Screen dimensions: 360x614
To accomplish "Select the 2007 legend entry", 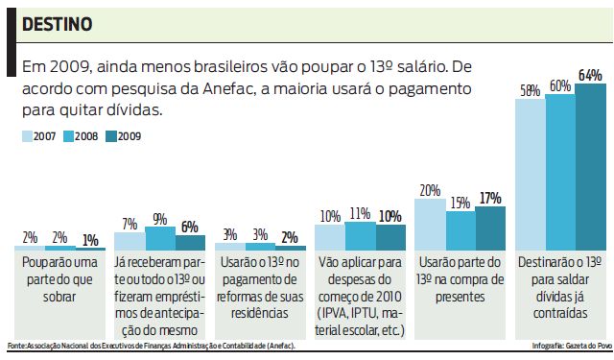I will pyautogui.click(x=39, y=136).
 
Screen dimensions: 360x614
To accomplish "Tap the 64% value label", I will pyautogui.click(x=590, y=75).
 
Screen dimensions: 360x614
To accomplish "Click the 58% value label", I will pyautogui.click(x=531, y=91).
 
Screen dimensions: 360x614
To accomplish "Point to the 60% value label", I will pyautogui.click(x=560, y=85).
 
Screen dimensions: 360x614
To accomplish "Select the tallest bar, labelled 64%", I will pyautogui.click(x=590, y=167).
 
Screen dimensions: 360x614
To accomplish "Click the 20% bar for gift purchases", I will pyautogui.click(x=430, y=226).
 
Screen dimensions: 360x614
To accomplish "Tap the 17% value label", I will pyautogui.click(x=490, y=198).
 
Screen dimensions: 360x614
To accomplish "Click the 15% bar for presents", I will pyautogui.click(x=460, y=231).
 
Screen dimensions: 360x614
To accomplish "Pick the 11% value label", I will pyautogui.click(x=361, y=214).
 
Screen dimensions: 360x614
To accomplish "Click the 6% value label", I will pyautogui.click(x=190, y=227).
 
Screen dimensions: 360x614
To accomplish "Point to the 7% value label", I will pyautogui.click(x=130, y=224).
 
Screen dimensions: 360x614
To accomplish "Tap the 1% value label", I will pyautogui.click(x=90, y=240).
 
